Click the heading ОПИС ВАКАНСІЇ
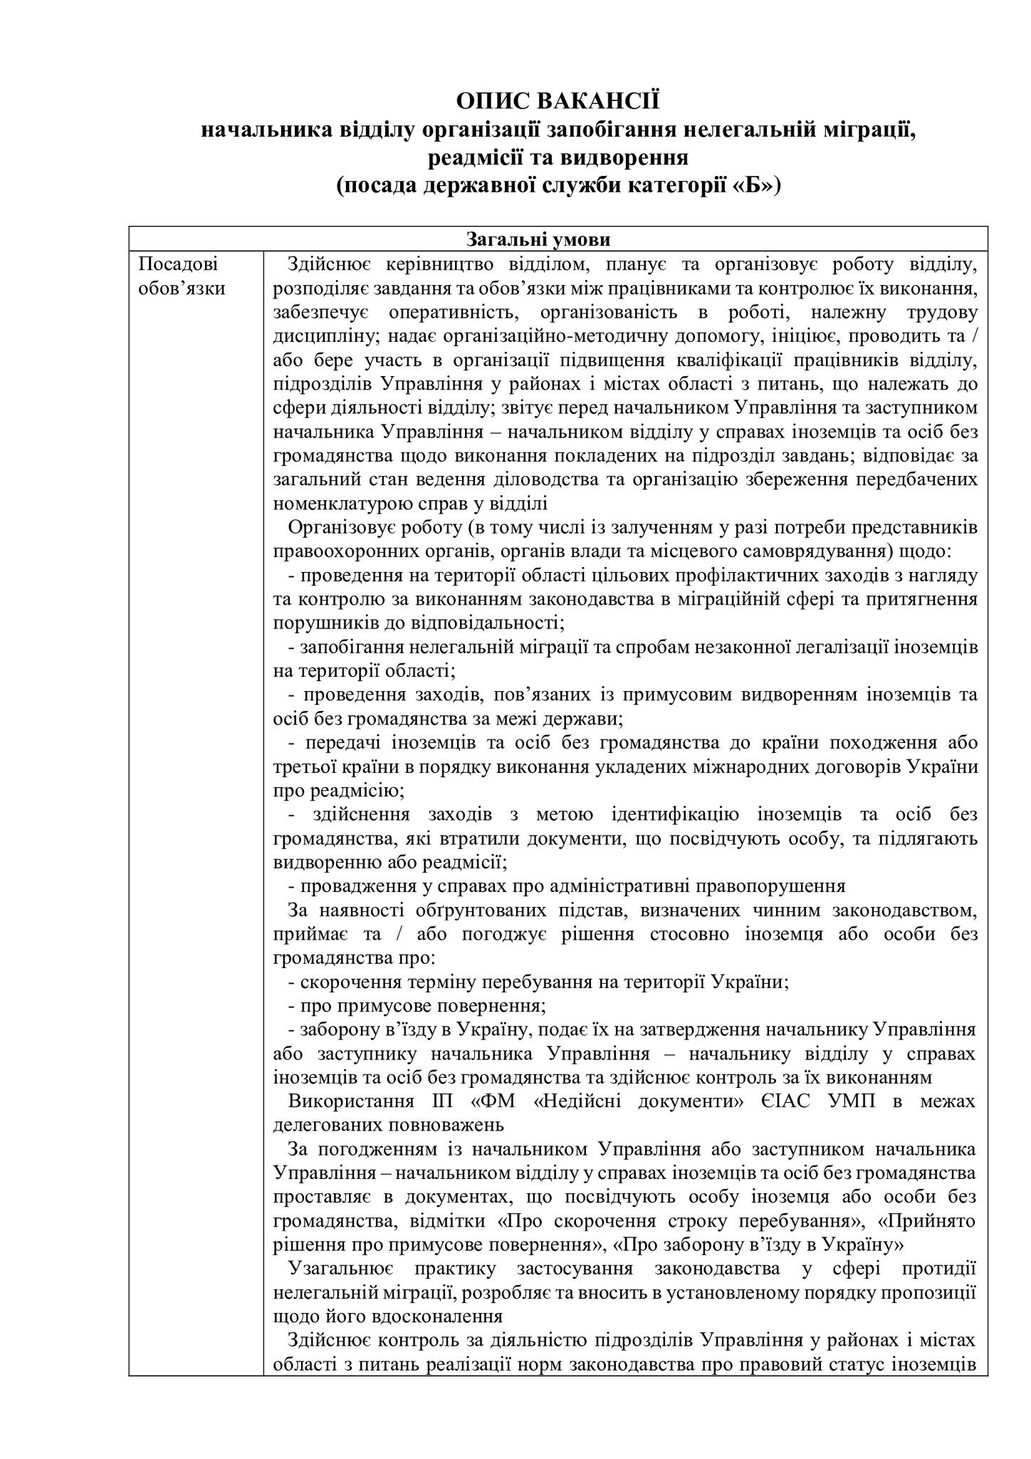tap(558, 101)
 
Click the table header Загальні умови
tap(558, 239)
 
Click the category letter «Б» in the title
tap(751, 185)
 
